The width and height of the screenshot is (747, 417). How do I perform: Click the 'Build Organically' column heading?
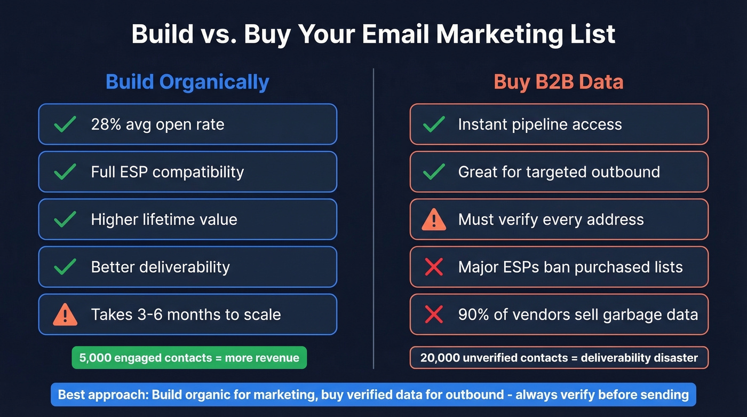coord(187,82)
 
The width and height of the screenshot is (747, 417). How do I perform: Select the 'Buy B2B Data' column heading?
coord(558,82)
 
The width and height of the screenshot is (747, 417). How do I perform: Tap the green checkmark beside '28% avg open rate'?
coord(65,124)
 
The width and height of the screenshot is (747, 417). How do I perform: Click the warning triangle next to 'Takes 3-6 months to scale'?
coord(65,315)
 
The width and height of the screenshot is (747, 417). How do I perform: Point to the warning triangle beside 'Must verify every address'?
coord(433,219)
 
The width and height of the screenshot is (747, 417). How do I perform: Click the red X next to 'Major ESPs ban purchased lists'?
coord(433,267)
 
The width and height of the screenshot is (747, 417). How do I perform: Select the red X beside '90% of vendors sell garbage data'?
coord(433,314)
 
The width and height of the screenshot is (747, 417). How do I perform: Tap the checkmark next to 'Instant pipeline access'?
coord(433,124)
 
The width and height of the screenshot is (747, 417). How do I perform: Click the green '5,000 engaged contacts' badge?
coord(189,358)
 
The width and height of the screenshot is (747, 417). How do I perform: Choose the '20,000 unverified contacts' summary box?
coord(559,358)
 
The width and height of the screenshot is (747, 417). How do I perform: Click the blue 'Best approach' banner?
coord(373,395)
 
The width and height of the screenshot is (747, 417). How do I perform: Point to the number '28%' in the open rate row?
coord(105,124)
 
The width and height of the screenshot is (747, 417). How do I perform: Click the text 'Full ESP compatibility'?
coord(168,172)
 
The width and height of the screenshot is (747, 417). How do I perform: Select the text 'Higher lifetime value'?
coord(164,219)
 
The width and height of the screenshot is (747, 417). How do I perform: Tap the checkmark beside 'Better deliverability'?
coord(65,267)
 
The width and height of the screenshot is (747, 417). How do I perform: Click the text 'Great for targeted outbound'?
coord(559,172)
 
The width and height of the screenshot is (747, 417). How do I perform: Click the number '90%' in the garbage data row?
coord(473,314)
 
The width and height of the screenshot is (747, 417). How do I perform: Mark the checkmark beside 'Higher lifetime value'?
coord(65,219)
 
